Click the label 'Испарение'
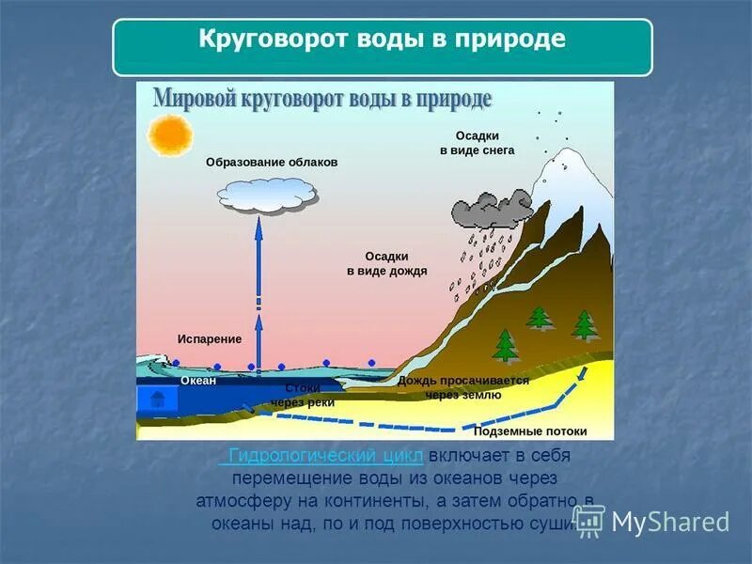209,338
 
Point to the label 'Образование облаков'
271,162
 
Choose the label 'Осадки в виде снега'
477,143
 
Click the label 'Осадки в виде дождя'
386,263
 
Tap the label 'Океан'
198,381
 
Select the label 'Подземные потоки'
530,431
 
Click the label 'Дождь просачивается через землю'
462,388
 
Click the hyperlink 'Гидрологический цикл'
321,456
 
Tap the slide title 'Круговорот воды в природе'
382,40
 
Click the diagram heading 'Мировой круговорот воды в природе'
322,98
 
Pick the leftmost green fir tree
506,345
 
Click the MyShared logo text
669,522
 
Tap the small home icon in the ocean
157,399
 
